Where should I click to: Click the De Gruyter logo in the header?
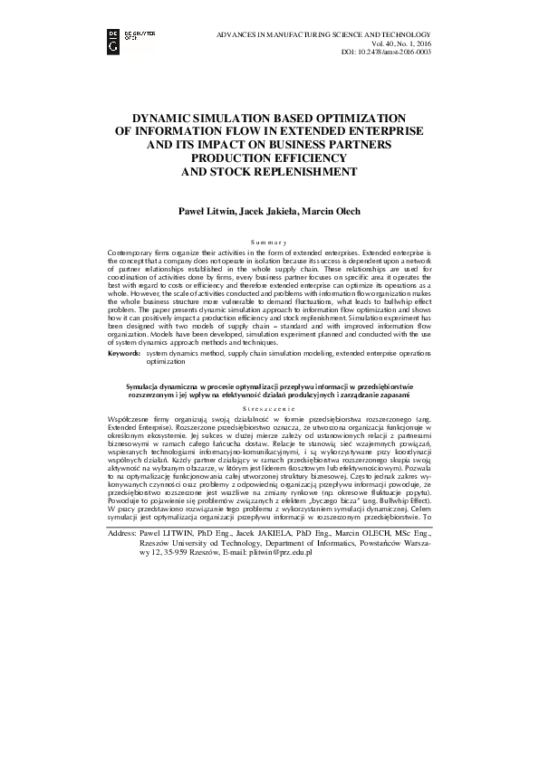click(x=123, y=37)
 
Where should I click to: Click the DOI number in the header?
click(x=430, y=52)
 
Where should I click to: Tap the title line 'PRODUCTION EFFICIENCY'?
click(x=269, y=157)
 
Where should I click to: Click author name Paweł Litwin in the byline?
click(x=206, y=210)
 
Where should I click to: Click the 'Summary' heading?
click(x=269, y=241)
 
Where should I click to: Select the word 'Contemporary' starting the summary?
click(x=133, y=249)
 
